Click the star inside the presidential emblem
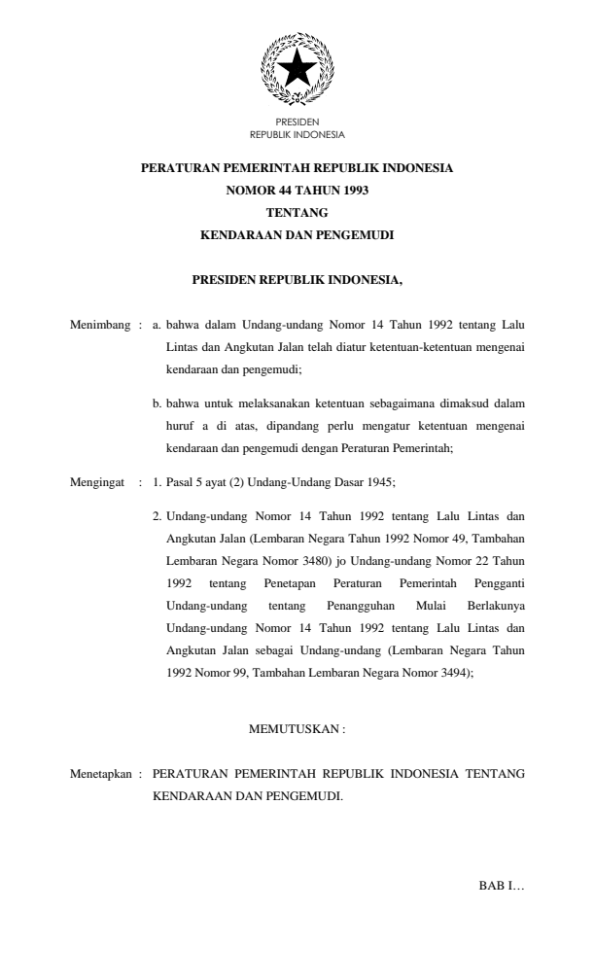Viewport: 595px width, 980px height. [x=297, y=69]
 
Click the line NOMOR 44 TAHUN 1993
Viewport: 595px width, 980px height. [x=297, y=190]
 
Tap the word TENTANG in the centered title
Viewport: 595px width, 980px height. [x=297, y=212]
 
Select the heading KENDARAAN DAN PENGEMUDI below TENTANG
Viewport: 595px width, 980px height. [x=297, y=234]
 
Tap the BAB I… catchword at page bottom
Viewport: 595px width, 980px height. [x=502, y=886]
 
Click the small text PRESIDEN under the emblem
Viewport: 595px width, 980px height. [x=297, y=123]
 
